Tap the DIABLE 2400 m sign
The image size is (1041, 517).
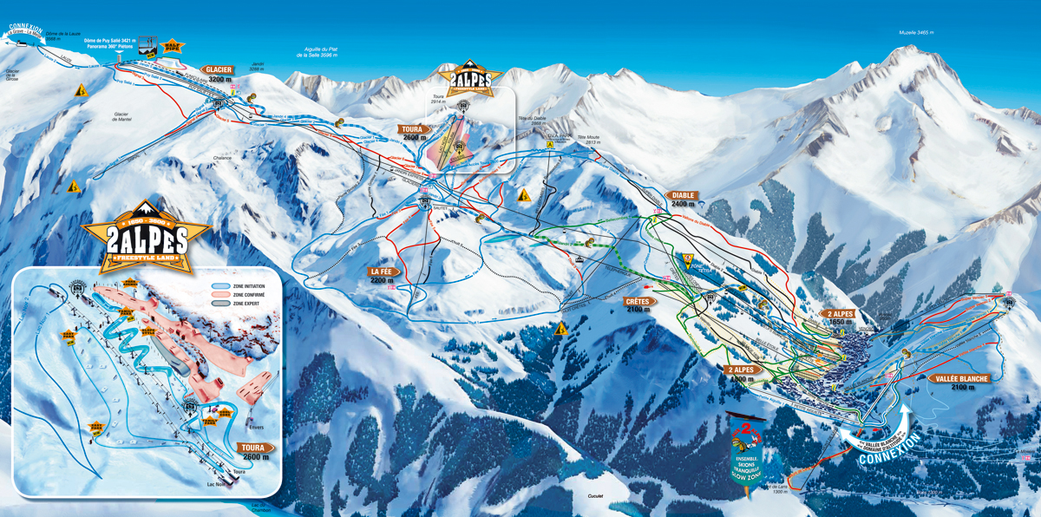pyautogui.click(x=683, y=200)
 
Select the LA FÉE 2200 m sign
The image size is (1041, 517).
pyautogui.click(x=383, y=275)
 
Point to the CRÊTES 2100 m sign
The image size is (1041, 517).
pyautogui.click(x=638, y=305)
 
